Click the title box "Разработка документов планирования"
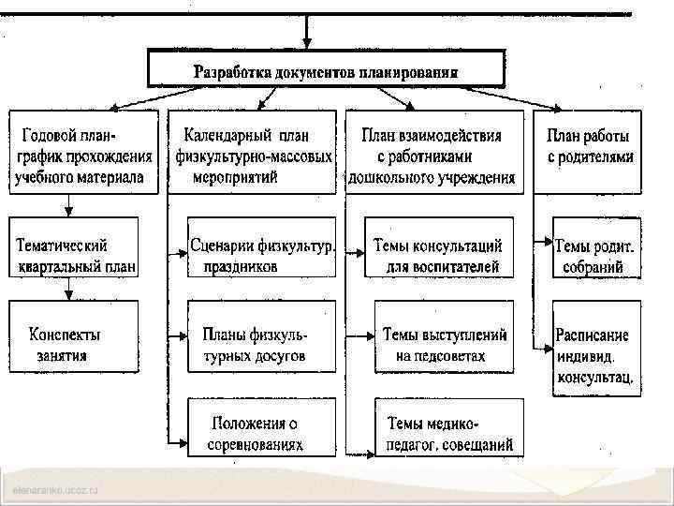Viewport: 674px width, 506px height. (x=325, y=70)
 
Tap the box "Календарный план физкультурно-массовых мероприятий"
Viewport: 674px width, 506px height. (x=251, y=153)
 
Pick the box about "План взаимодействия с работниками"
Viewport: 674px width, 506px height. (x=431, y=153)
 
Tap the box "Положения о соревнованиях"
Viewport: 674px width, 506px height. (x=262, y=427)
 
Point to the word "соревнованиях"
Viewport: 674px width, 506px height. (x=255, y=445)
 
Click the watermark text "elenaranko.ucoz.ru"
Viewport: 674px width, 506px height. (x=56, y=491)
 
